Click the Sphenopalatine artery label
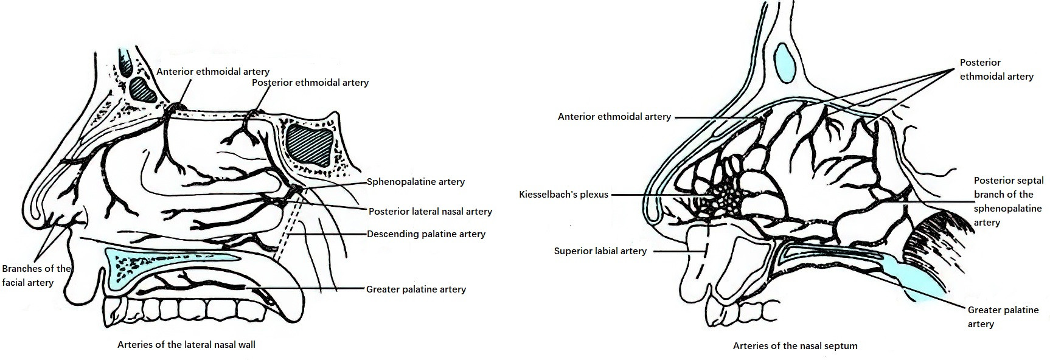pyautogui.click(x=415, y=182)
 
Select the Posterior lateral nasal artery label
pyautogui.click(x=430, y=212)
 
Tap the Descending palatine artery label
pyautogui.click(x=426, y=234)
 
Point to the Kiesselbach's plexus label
pyautogui.click(x=563, y=195)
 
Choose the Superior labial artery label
pyautogui.click(x=600, y=251)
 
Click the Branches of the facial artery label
pyautogui.click(x=37, y=275)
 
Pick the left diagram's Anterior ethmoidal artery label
pyautogui.click(x=213, y=72)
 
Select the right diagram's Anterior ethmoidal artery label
pyautogui.click(x=614, y=117)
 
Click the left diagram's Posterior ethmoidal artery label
pyautogui.click(x=310, y=83)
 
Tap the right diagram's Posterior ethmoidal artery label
pyautogui.click(x=996, y=70)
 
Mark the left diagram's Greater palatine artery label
pyautogui.click(x=416, y=289)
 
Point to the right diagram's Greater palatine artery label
pyautogui.click(x=1003, y=317)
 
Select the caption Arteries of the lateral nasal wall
pyautogui.click(x=186, y=345)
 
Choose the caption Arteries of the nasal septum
pyautogui.click(x=795, y=346)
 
